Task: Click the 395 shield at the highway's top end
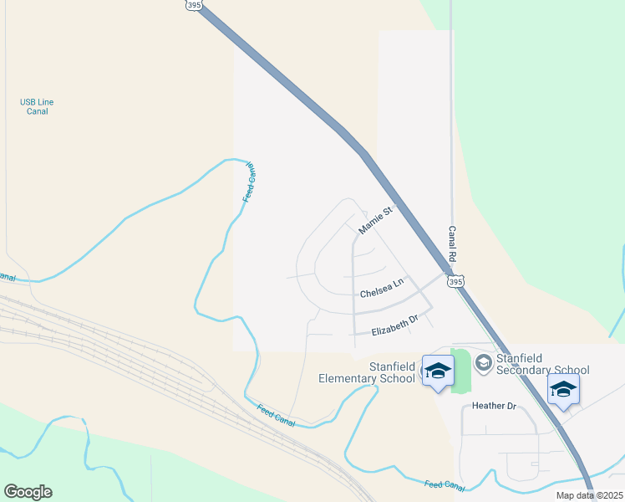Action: pyautogui.click(x=194, y=5)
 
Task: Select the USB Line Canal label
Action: pyautogui.click(x=37, y=106)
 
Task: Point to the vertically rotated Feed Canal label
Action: pyautogui.click(x=249, y=182)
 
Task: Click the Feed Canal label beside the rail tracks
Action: pyautogui.click(x=276, y=413)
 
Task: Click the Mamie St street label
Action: pyautogui.click(x=375, y=221)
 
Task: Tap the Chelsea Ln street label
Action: pyautogui.click(x=381, y=289)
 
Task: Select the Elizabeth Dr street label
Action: pyautogui.click(x=394, y=326)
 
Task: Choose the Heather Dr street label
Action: pyautogui.click(x=495, y=406)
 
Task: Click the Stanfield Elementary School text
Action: pyautogui.click(x=367, y=372)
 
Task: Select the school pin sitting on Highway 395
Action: pyautogui.click(x=563, y=389)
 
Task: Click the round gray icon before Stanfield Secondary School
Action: pyautogui.click(x=483, y=362)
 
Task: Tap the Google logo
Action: pyautogui.click(x=28, y=492)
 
